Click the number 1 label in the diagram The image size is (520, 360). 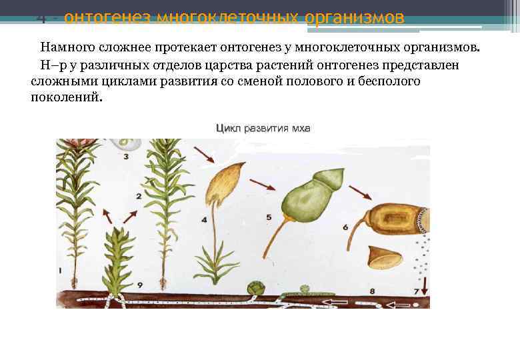click(x=61, y=271)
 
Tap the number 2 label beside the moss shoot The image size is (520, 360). click(x=139, y=196)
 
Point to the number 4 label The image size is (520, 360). click(x=204, y=219)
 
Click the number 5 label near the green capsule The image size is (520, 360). click(x=268, y=217)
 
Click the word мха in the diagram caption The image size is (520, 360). click(x=301, y=129)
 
